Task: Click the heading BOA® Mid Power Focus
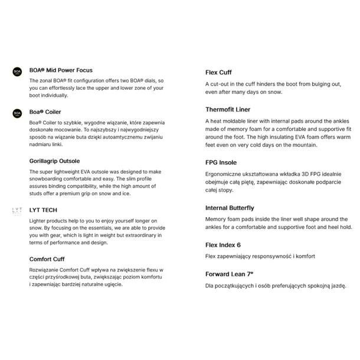point(61,70)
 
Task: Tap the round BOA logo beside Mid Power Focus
point(17,73)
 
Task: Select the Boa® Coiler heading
point(45,112)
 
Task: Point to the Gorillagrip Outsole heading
point(54,161)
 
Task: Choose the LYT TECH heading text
point(43,210)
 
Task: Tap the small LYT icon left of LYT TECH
point(17,211)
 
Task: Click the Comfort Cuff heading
point(47,258)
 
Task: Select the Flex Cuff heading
point(218,73)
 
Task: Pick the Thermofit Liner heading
point(228,110)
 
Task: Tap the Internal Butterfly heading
point(230,208)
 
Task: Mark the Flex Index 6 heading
point(223,244)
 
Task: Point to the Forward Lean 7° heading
point(229,274)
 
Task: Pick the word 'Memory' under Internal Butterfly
point(217,218)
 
